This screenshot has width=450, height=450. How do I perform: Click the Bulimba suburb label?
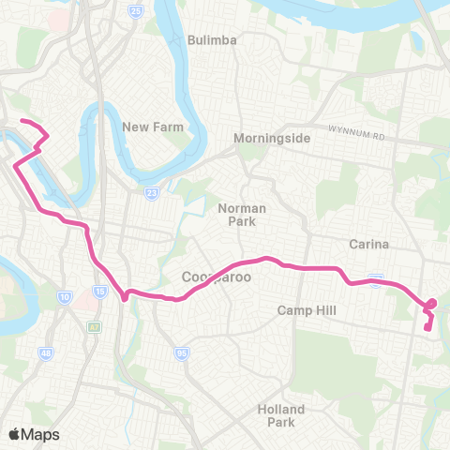click(212, 40)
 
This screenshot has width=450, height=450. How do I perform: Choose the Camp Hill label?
click(306, 310)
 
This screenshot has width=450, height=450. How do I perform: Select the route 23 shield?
click(151, 193)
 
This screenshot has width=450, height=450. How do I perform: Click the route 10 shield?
click(65, 296)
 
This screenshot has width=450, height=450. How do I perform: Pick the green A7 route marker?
click(94, 326)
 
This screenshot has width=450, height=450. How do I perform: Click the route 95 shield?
click(180, 352)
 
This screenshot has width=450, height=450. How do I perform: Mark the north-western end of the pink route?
click(22, 122)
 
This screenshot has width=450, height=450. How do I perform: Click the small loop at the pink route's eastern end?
click(431, 304)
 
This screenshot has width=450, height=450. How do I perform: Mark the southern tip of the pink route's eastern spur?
click(427, 328)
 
